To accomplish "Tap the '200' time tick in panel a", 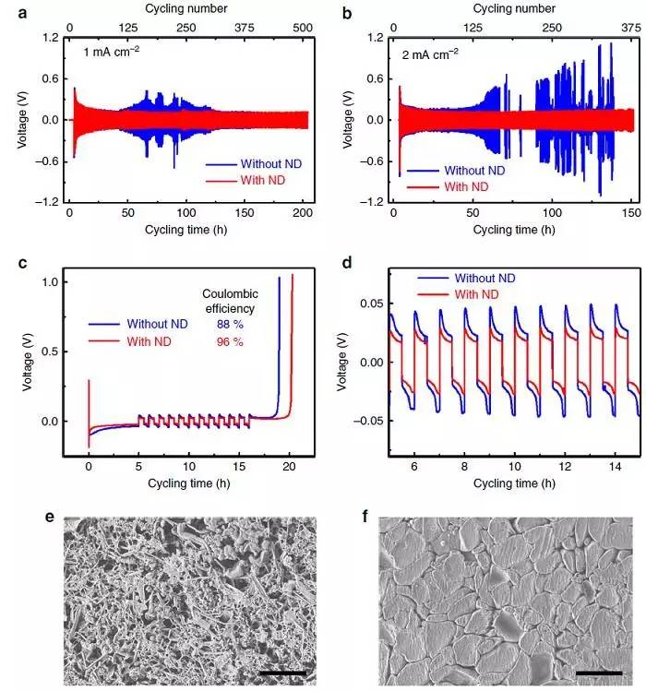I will tap(300, 212).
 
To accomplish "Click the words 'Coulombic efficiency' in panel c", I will tap(230, 301).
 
